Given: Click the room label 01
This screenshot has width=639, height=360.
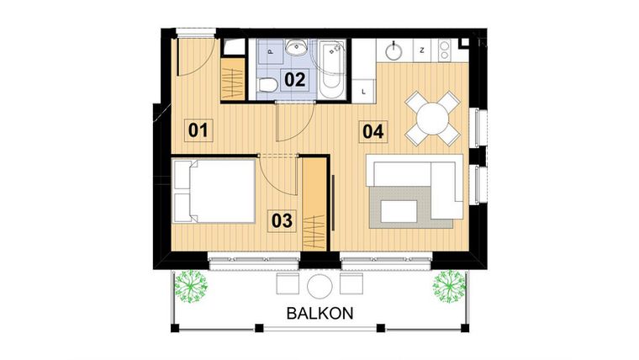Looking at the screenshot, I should [x=198, y=130].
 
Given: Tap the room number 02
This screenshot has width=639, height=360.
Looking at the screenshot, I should [x=293, y=81].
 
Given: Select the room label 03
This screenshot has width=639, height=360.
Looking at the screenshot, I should [x=283, y=221].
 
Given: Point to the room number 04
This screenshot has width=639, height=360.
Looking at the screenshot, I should [x=373, y=131].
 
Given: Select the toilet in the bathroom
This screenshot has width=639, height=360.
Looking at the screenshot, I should [x=267, y=83].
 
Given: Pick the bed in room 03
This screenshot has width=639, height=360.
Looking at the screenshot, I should [x=214, y=191].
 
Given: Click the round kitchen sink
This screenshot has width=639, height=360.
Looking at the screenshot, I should [x=395, y=51].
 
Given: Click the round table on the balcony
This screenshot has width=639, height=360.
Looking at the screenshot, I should [x=320, y=284].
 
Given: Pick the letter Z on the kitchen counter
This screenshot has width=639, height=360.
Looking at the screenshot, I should [x=421, y=51].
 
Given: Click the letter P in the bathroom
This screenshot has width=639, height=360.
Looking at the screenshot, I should [x=270, y=51].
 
